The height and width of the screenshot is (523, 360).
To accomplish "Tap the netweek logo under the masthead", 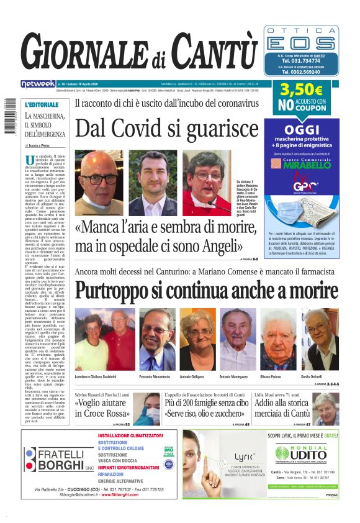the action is [37, 84].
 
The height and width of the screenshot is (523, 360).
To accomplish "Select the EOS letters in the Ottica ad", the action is [302, 43].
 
